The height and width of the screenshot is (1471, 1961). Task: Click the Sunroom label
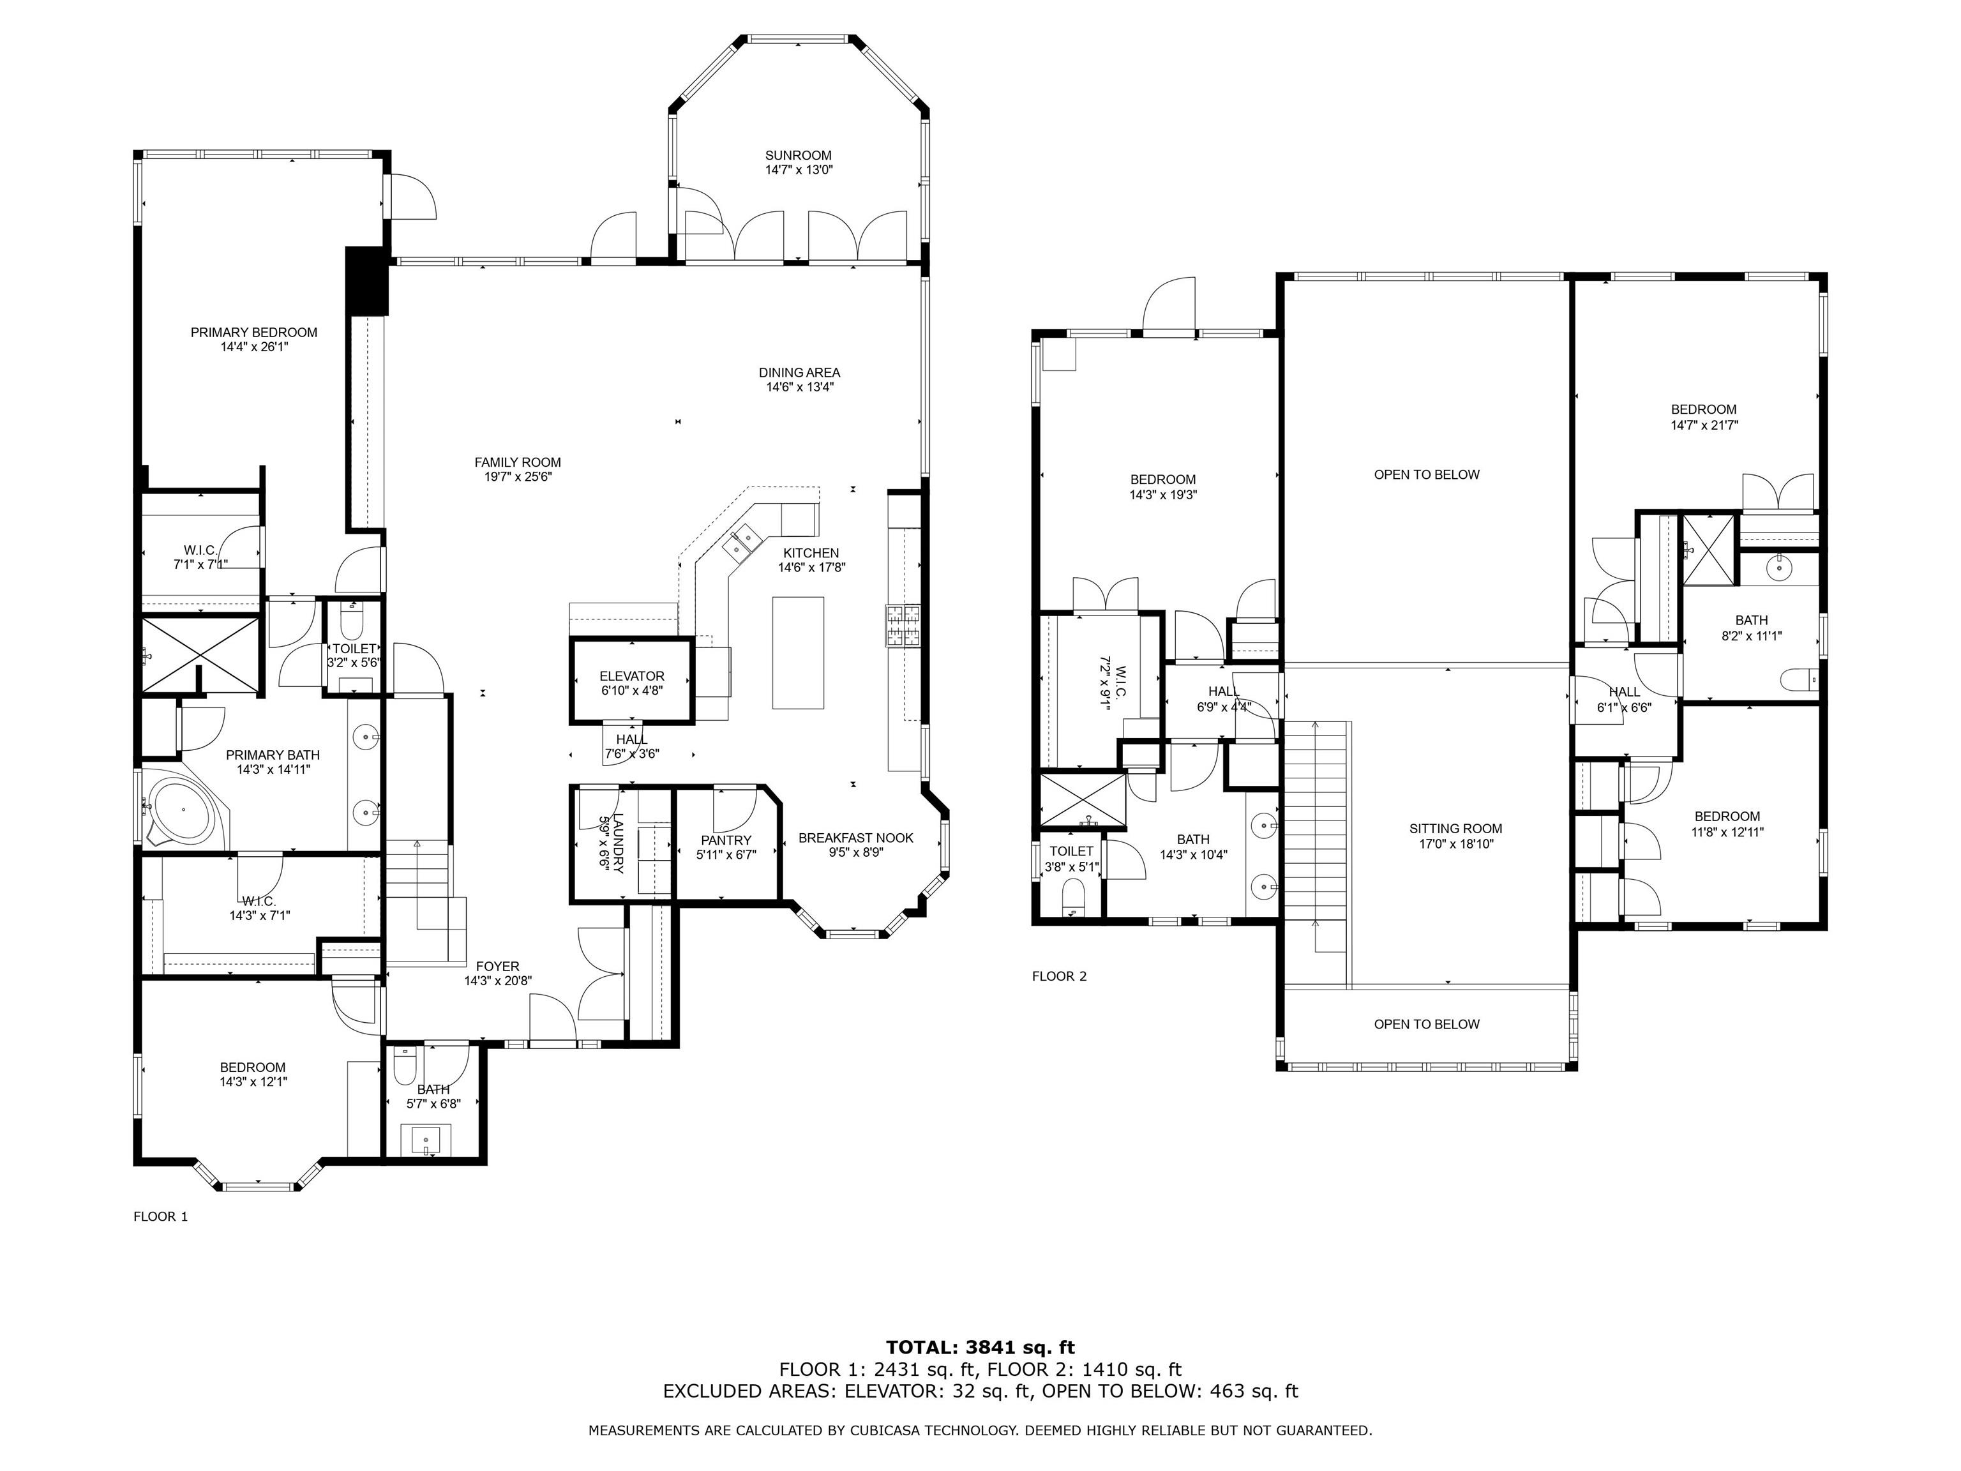(x=799, y=155)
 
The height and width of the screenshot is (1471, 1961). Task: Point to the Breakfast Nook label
(x=855, y=838)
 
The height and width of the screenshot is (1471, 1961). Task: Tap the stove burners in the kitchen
(x=903, y=625)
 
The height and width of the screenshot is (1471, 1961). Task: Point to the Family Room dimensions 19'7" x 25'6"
(x=518, y=477)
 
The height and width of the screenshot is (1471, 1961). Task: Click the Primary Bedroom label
(x=253, y=333)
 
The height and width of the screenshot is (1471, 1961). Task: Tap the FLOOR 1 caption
(x=160, y=1216)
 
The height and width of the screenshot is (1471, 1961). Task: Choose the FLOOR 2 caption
(x=1060, y=976)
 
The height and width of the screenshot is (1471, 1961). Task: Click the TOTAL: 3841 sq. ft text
(x=980, y=1348)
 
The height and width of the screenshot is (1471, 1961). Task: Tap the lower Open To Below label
(x=1427, y=1024)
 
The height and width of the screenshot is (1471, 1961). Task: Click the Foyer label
(x=497, y=967)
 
